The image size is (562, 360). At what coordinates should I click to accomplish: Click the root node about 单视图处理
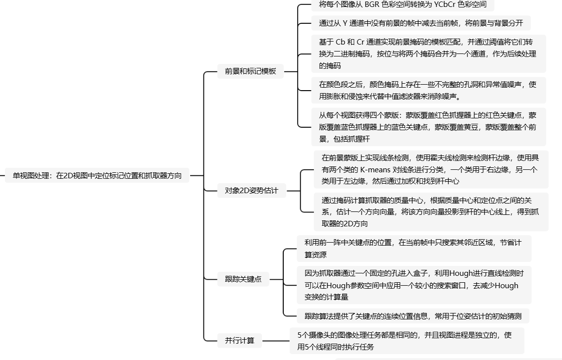[97, 175]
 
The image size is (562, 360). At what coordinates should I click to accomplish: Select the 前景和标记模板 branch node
[251, 71]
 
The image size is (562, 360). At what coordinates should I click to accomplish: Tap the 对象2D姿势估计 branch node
[252, 191]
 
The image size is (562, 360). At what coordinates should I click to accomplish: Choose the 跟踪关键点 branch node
[243, 279]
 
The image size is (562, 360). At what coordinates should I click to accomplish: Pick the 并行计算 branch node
[240, 340]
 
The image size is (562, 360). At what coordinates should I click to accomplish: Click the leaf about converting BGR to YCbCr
[403, 5]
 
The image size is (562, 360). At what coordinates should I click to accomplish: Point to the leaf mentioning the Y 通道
[421, 23]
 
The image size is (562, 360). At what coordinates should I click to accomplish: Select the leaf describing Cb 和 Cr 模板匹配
[428, 53]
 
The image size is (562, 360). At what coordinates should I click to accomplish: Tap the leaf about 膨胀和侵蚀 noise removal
[428, 90]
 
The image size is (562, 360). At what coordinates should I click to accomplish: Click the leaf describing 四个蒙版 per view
[428, 127]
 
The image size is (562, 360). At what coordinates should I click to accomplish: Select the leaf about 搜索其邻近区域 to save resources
[412, 249]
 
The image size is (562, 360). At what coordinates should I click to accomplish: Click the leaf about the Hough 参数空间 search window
[412, 285]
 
